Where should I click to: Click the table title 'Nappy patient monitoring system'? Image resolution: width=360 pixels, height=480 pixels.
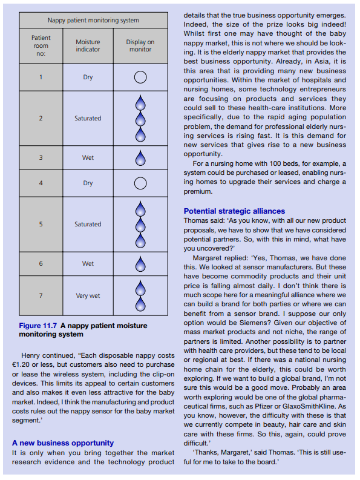click(x=93, y=20)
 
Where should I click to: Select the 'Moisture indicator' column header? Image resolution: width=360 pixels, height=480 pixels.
click(x=88, y=45)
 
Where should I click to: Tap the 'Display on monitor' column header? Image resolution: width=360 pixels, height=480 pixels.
click(x=140, y=45)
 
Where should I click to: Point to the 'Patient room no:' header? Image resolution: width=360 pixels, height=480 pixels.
click(x=41, y=45)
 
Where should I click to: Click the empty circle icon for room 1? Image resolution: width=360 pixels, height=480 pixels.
click(x=140, y=77)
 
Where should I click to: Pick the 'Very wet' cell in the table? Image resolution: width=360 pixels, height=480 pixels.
click(x=88, y=296)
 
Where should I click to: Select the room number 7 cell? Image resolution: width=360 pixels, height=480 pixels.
click(x=41, y=296)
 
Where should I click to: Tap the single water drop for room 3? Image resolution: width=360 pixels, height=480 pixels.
click(x=140, y=158)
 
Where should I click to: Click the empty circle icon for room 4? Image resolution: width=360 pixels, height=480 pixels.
click(x=140, y=183)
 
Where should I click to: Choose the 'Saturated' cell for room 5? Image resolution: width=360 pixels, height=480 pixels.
click(x=88, y=224)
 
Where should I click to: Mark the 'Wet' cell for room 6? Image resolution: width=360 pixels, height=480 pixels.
click(x=88, y=264)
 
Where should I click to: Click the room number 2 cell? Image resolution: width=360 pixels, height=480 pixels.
click(x=41, y=118)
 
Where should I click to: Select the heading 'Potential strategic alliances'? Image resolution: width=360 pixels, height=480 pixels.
click(x=234, y=211)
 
